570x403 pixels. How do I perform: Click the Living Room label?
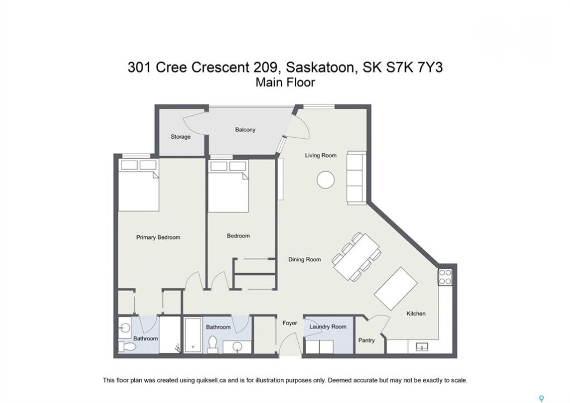(321, 155)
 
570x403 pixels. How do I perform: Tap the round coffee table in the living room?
(326, 180)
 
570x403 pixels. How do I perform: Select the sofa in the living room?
(356, 177)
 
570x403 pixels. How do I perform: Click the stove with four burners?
(445, 277)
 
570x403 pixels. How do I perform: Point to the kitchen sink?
(422, 346)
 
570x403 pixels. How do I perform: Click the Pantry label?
(366, 340)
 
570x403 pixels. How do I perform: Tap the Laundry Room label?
(328, 327)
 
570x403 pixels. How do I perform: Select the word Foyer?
(290, 323)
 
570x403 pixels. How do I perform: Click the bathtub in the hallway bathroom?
(193, 335)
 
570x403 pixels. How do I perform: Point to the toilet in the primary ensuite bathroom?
(127, 346)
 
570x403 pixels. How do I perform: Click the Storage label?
(181, 137)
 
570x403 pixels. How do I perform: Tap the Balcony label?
(246, 129)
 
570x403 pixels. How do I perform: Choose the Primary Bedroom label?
(158, 237)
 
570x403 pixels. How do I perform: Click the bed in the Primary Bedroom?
(139, 185)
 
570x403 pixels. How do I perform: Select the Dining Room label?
(305, 259)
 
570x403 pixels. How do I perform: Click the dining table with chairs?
(357, 256)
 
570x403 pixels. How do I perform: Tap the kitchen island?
(395, 288)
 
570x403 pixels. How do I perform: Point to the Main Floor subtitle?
(285, 82)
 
